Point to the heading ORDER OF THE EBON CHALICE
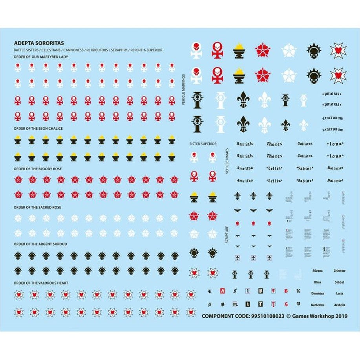tap(38, 128)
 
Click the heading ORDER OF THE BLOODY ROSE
tap(38, 169)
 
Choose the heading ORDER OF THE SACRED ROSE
tap(38, 207)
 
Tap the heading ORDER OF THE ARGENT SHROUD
tap(40, 244)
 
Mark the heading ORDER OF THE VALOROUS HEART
tap(41, 283)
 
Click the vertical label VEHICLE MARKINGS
tap(183, 90)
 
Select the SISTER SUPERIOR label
tap(203, 144)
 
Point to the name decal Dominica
tap(318, 293)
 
